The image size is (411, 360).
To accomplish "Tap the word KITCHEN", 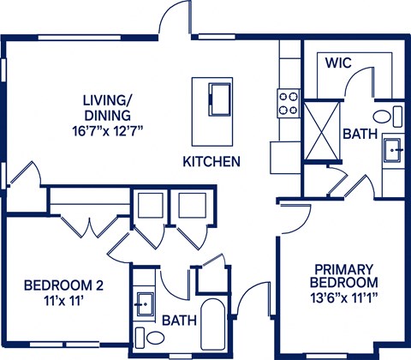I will coord(211,161).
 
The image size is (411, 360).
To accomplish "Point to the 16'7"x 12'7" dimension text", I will coord(107,130).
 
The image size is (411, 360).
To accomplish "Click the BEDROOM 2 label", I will coord(63,285).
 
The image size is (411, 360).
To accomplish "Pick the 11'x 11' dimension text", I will coord(63,301).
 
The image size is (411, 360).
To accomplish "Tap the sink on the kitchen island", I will coord(220,93).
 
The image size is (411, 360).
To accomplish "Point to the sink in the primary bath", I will coord(395,150).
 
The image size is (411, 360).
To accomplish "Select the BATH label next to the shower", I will coord(358,135).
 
